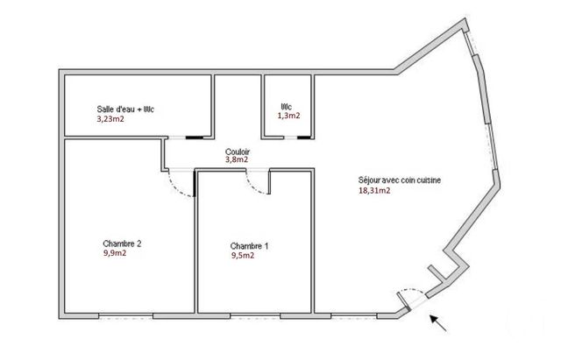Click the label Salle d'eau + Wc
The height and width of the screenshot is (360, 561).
tap(132, 109)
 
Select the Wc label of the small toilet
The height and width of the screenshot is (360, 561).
tap(285, 106)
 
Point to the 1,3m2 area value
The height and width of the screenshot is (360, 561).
tap(289, 115)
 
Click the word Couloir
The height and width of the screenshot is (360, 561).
tap(237, 151)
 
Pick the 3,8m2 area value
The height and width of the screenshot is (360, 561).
tap(237, 159)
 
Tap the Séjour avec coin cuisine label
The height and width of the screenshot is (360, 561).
tap(400, 180)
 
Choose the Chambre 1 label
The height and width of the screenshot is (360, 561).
tap(249, 246)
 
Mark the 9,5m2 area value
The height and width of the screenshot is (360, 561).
tap(242, 256)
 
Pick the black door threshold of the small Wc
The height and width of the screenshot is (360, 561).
tap(303, 138)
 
